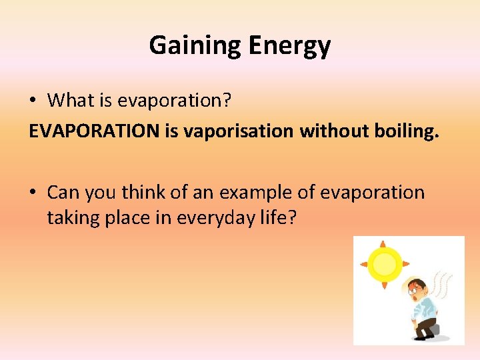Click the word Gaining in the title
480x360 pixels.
click(196, 45)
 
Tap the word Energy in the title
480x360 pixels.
click(289, 45)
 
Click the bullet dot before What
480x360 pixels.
click(33, 101)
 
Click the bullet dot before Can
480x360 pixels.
click(33, 193)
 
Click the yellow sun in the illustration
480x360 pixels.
click(383, 264)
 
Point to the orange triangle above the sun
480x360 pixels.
click(383, 243)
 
